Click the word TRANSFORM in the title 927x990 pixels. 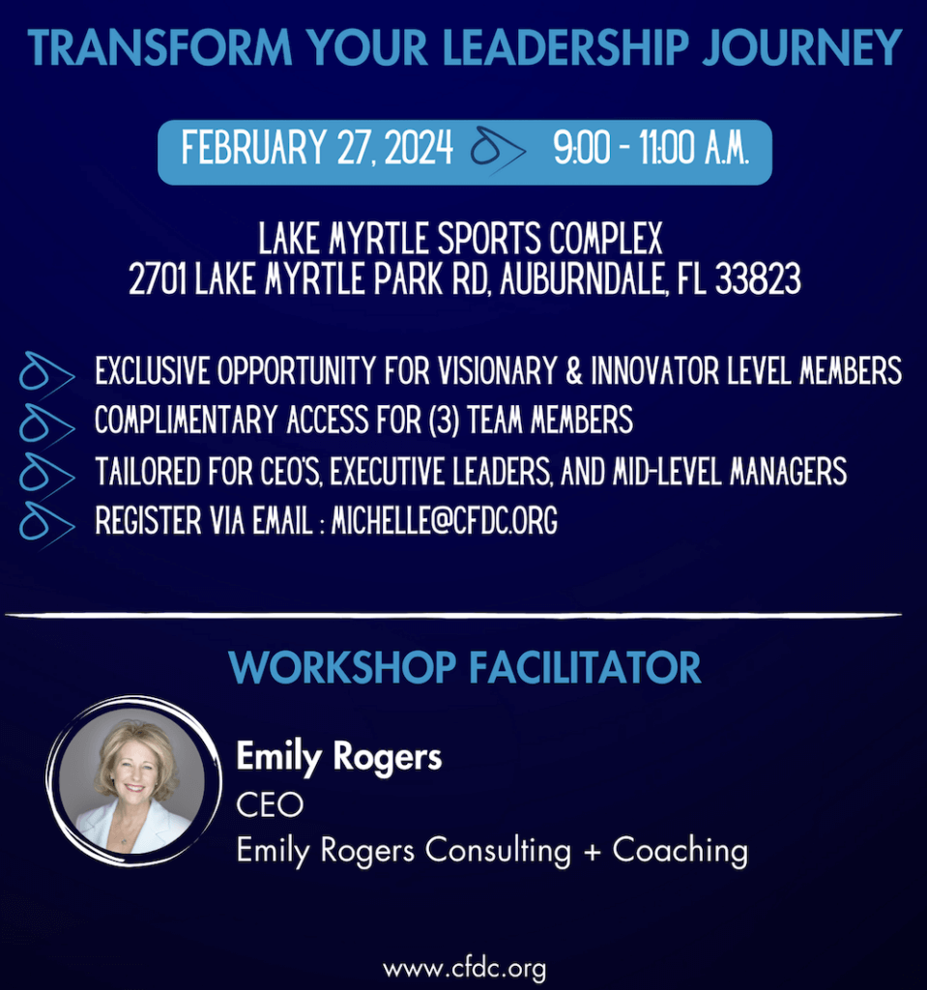[160, 48]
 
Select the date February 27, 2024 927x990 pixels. [317, 148]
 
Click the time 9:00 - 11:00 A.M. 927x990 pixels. [652, 148]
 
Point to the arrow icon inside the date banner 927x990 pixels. [498, 150]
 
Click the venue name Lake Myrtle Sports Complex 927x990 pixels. [460, 238]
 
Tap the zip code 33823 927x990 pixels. [758, 278]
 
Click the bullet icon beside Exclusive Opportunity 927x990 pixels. [46, 375]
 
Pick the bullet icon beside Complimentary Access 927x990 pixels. [46, 425]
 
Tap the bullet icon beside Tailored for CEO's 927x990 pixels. [46, 475]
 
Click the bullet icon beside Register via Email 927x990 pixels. [46, 525]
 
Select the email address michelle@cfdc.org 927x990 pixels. [445, 521]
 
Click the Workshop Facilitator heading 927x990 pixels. [465, 667]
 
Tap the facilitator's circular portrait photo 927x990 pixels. [133, 781]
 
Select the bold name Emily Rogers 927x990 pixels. [339, 757]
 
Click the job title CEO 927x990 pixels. [270, 805]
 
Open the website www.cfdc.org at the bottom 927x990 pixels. [464, 969]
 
